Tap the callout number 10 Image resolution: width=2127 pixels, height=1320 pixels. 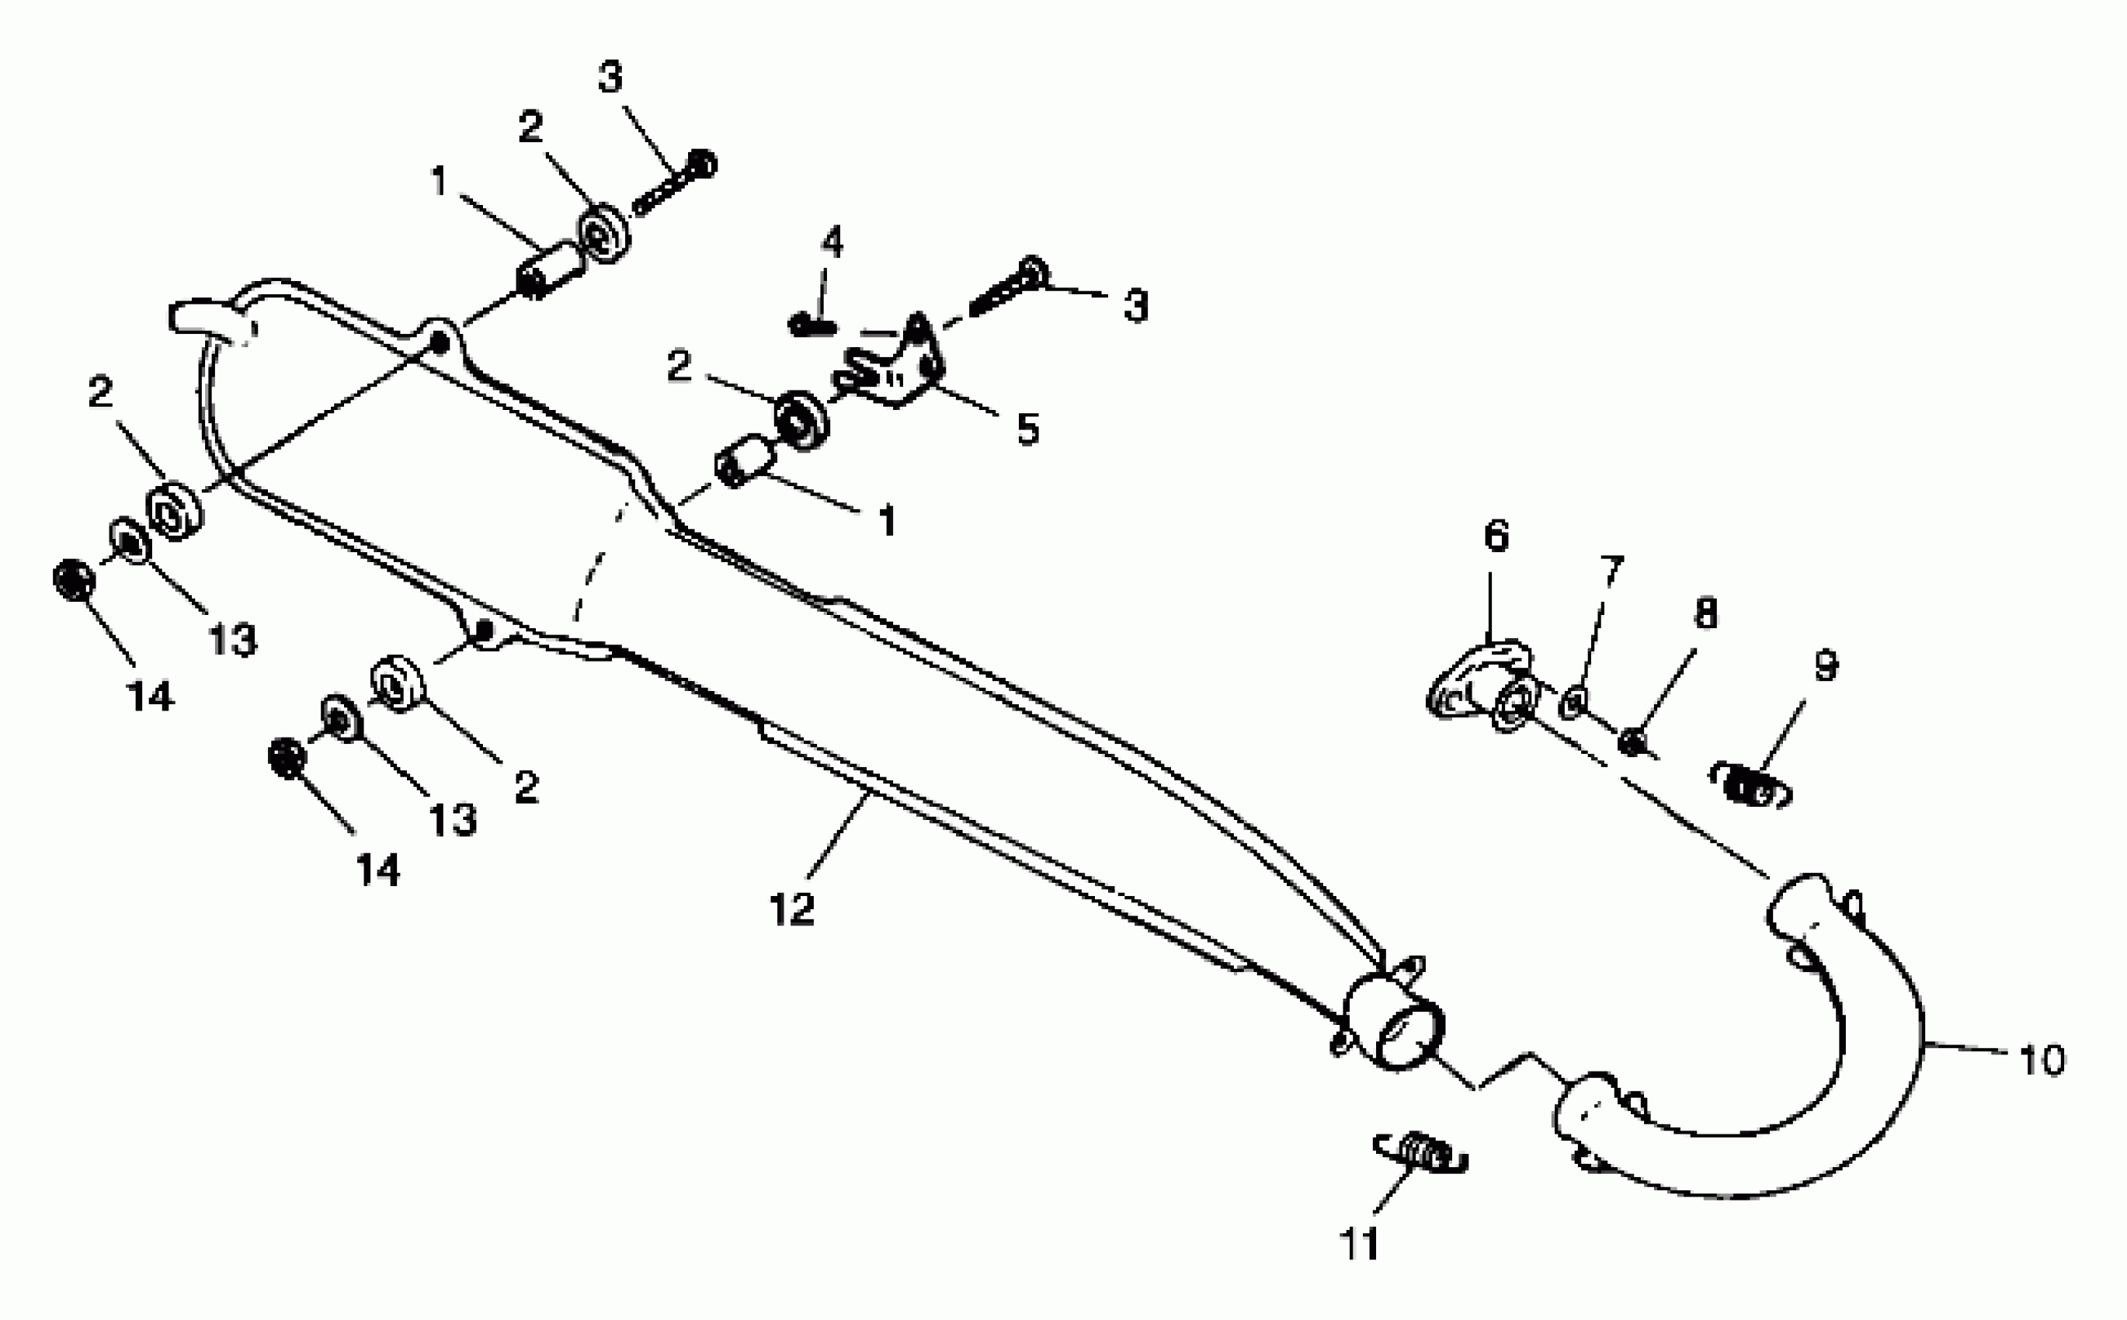pos(2042,1060)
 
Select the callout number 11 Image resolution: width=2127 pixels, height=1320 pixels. pos(1359,1243)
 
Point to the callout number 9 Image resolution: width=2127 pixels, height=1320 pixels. pos(1826,665)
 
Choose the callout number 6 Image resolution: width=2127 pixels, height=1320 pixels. pos(1496,535)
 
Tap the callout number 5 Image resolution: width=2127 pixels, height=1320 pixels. pos(1027,429)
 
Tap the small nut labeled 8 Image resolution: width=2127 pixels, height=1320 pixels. pos(1630,743)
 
